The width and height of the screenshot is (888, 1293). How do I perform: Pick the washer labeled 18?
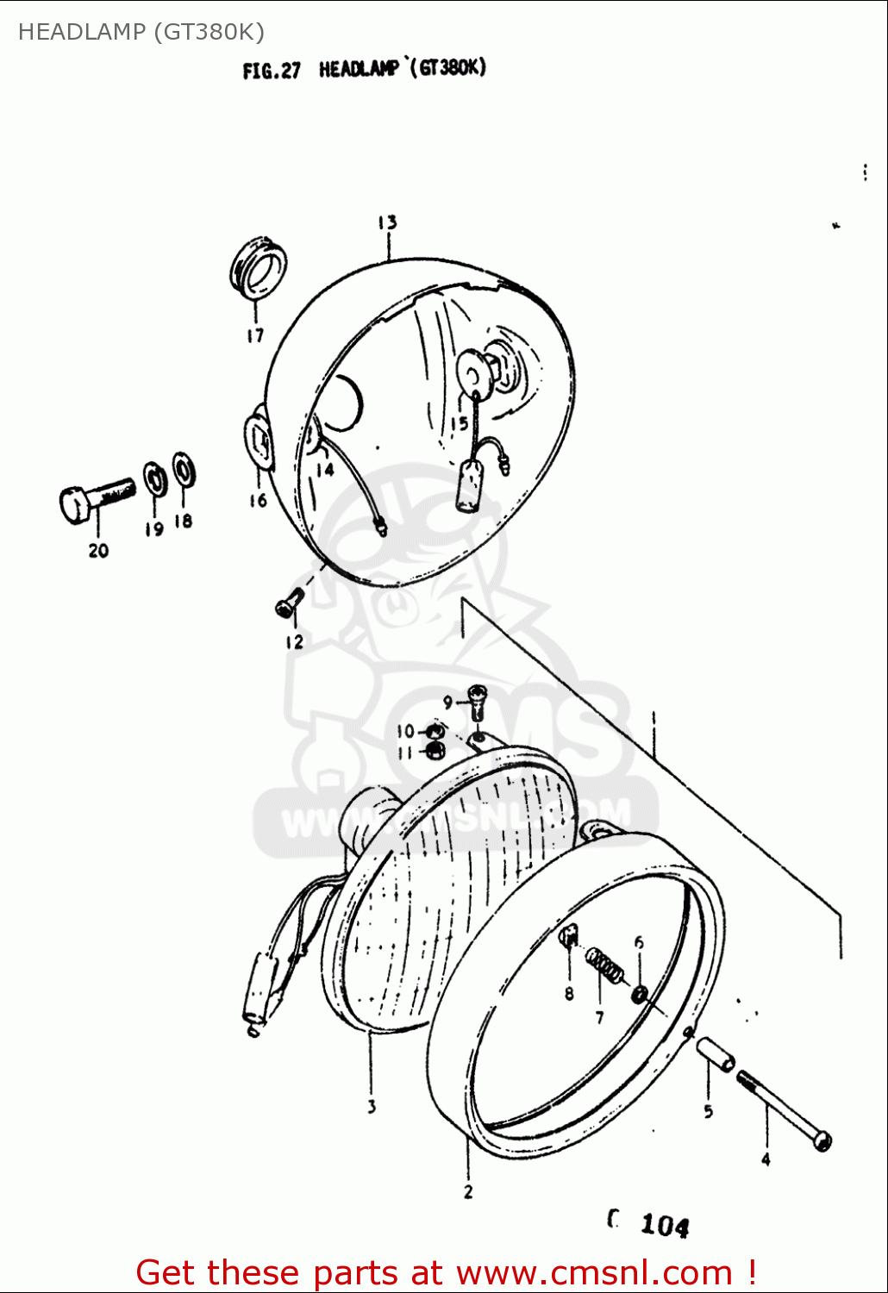pos(183,471)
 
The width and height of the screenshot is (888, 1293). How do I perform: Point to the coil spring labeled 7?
pos(605,965)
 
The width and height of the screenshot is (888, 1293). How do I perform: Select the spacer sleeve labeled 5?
pos(716,1053)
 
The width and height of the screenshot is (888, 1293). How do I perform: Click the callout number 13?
pos(387,222)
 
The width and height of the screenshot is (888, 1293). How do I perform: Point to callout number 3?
pos(372,1106)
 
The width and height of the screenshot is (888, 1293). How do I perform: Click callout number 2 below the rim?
pos(468,1192)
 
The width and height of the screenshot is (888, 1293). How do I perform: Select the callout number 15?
pos(459,423)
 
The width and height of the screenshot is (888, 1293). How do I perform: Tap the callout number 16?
pos(258,501)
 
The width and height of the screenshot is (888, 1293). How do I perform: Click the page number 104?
pos(664,1225)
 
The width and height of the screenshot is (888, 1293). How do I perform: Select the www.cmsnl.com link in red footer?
pos(594,1273)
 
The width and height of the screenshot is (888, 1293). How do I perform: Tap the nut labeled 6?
pos(640,995)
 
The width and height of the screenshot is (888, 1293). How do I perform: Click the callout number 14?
pos(324,470)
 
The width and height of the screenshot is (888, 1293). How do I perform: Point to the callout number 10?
pos(405,732)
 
